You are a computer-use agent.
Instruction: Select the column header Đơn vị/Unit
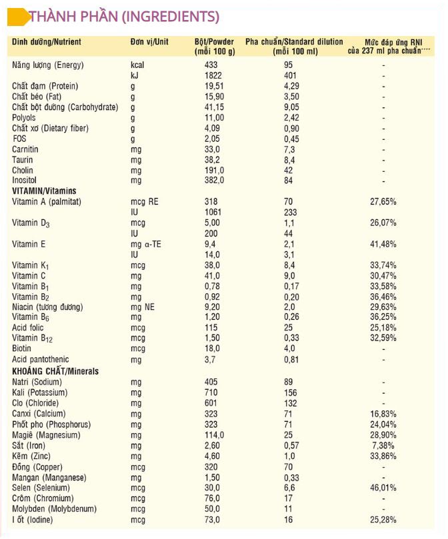pos(149,42)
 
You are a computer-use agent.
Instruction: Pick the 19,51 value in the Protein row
pos(215,86)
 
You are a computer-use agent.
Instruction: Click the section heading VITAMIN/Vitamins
pos(44,191)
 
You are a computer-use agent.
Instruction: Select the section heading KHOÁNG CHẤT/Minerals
pos(54,371)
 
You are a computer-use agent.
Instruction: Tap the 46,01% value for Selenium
pos(383,488)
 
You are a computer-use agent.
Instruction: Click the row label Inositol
pos(26,181)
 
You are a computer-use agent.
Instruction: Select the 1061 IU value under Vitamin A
pos(214,212)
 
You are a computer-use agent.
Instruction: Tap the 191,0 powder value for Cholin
pos(215,170)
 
